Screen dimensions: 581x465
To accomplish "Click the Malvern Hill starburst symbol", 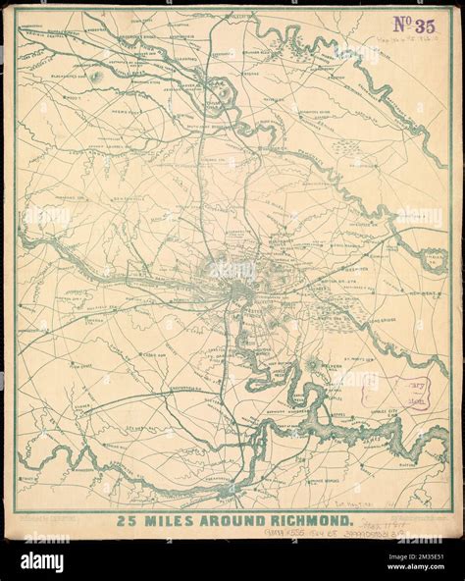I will click(313, 365).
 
